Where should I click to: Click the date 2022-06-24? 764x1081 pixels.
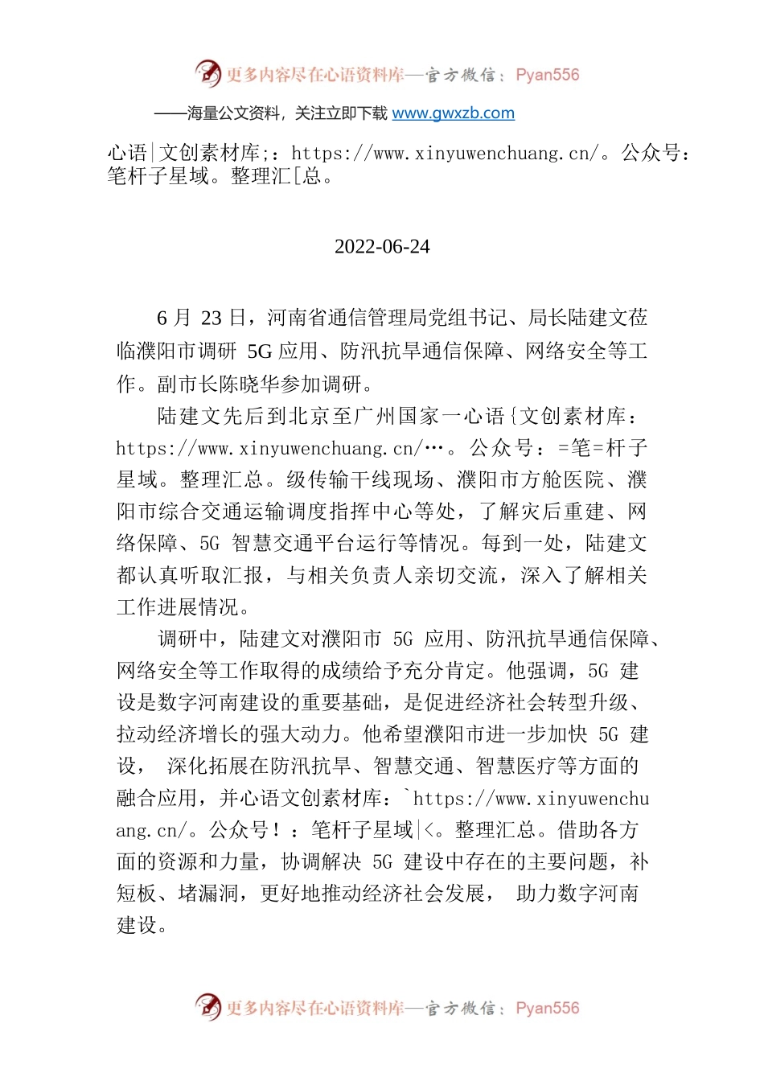[382, 247]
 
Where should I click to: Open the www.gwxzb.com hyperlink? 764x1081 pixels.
[453, 113]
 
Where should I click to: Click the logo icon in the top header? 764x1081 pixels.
[208, 74]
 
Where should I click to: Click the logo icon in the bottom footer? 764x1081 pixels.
[208, 1007]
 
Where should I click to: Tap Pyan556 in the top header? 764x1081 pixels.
[547, 75]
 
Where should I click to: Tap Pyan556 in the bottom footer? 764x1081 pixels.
[547, 1008]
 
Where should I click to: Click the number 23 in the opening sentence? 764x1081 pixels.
[211, 319]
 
